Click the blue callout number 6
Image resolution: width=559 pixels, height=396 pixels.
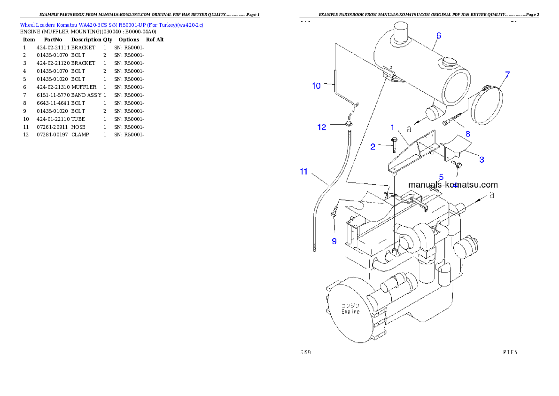pos(438,35)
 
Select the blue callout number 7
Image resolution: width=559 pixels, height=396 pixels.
pos(507,74)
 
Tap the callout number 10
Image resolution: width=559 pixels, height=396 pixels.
pos(317,86)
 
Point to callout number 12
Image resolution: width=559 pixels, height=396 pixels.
pos(322,127)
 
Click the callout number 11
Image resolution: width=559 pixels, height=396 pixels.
pos(304,172)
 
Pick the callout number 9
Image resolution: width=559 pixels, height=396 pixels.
pos(334,241)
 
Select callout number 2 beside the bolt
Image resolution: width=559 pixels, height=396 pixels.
pos(373,147)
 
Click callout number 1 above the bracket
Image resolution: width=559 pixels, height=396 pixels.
pos(392,127)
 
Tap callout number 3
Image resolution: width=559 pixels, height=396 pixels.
pos(481,160)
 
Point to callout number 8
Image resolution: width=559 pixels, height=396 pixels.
pos(467,134)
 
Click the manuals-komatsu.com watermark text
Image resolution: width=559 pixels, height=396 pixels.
pos(453,185)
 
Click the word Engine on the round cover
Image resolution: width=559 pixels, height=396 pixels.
pos(350,311)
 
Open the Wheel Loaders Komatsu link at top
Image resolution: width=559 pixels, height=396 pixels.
pos(111,25)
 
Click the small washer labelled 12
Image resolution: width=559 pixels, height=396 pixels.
pos(348,125)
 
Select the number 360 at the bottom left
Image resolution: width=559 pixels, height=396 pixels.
pos(305,352)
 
